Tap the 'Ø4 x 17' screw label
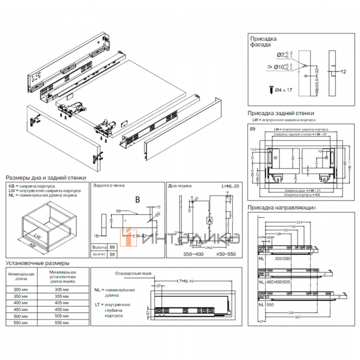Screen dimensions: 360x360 pos(283,90)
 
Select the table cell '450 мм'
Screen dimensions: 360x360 pos(21,309)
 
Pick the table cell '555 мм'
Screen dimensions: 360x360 pos(62,322)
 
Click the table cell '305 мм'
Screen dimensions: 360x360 pos(62,289)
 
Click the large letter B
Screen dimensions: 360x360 pos(137,200)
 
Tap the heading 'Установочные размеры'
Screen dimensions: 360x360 pos(37,263)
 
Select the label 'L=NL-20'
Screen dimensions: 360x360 pos(229,186)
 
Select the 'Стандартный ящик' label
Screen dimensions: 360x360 pos(133,273)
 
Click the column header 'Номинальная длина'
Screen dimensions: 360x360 pos(21,276)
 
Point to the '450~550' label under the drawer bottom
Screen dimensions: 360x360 pos(226,254)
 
